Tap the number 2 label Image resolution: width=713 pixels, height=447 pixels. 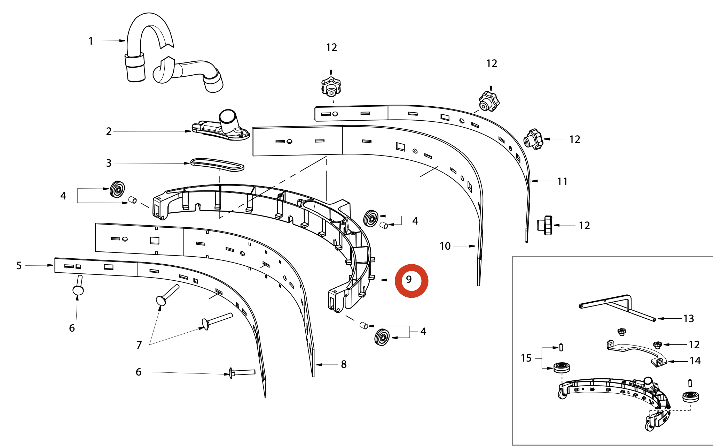coord(109,131)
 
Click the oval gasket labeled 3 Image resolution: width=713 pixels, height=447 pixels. coord(217,165)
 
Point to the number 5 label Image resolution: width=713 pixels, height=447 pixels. coord(19,266)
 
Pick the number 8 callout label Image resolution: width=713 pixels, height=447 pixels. coord(344,364)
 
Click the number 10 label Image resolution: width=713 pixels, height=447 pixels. coord(445,246)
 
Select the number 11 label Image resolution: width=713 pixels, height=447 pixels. coord(562,182)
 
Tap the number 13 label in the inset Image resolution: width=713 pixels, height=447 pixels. coord(689,319)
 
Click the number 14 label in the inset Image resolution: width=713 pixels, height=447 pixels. coord(695,361)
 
